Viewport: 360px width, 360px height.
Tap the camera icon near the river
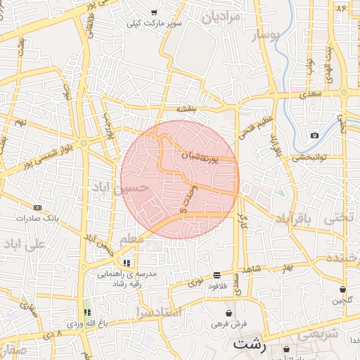click(x=314, y=135)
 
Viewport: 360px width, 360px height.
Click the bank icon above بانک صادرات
click(x=37, y=207)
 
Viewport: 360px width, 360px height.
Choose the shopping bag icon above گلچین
click(x=342, y=290)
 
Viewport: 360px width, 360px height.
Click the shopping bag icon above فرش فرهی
click(x=229, y=314)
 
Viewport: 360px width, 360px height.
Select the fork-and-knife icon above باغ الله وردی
click(x=87, y=312)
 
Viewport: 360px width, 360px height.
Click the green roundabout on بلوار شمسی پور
click(x=84, y=143)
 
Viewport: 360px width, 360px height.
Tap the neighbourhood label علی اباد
click(x=24, y=244)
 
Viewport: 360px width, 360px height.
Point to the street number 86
click(x=342, y=8)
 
